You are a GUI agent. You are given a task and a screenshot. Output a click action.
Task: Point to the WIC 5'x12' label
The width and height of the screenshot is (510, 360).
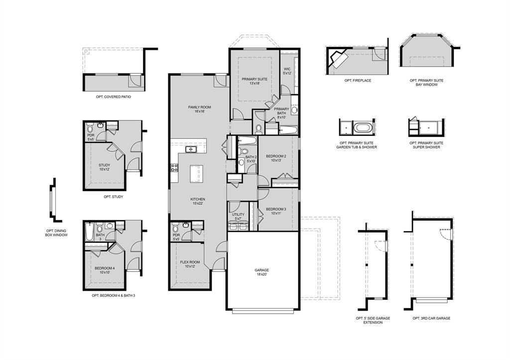(287, 71)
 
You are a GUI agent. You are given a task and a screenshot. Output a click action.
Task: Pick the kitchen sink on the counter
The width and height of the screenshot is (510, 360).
(191, 149)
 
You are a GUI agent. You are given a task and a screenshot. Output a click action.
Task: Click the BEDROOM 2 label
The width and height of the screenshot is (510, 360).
(276, 158)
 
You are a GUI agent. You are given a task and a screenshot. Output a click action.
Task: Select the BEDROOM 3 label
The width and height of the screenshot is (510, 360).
(275, 211)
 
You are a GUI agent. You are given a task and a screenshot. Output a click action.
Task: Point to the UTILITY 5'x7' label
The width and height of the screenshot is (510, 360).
(238, 217)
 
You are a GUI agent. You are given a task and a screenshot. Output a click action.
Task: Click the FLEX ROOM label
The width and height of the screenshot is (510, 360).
(190, 264)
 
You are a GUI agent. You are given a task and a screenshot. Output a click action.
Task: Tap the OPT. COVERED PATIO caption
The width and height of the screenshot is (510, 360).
(114, 97)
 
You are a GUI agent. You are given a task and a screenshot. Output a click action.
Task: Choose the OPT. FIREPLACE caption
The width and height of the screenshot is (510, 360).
(358, 81)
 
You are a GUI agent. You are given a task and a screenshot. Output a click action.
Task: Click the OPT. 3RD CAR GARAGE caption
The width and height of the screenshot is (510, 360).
(431, 318)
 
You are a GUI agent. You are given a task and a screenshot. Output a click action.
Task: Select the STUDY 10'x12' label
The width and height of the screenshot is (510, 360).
(104, 167)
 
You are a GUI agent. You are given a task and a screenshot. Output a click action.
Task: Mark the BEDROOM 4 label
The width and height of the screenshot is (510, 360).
(105, 270)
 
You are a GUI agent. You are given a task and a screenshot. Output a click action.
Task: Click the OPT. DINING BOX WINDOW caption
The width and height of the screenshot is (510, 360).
(56, 233)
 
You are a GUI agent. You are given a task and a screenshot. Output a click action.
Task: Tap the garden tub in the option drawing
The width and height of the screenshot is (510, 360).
(362, 128)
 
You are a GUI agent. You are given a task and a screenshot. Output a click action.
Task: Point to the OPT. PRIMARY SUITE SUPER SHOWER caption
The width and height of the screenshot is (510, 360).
(426, 145)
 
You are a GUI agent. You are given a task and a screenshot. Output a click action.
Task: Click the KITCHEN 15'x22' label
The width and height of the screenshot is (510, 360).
(198, 201)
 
